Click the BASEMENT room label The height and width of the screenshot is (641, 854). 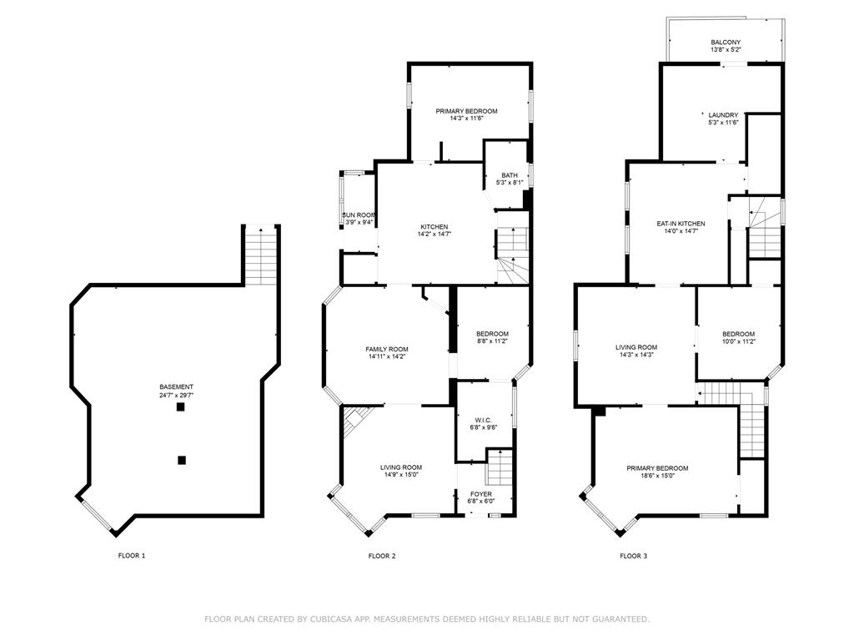click(x=177, y=386)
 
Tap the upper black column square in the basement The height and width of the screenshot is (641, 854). click(x=181, y=407)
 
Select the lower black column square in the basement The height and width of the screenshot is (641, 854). click(x=181, y=459)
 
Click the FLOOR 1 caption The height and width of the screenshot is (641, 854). click(x=131, y=555)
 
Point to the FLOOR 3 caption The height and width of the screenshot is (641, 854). click(x=633, y=555)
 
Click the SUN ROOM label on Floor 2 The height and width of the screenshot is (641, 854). click(x=359, y=215)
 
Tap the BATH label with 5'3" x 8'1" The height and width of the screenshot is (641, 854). click(x=509, y=174)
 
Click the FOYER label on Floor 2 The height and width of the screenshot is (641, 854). click(x=481, y=494)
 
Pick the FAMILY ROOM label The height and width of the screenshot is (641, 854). click(x=387, y=349)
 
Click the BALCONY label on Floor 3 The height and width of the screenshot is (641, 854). click(x=726, y=43)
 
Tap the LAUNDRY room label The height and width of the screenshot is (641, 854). click(x=723, y=115)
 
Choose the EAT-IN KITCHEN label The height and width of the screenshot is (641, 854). click(x=681, y=224)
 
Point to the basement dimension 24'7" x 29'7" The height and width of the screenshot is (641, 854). click(x=177, y=395)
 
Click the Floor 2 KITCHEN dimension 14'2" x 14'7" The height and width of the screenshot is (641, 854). click(x=434, y=235)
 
